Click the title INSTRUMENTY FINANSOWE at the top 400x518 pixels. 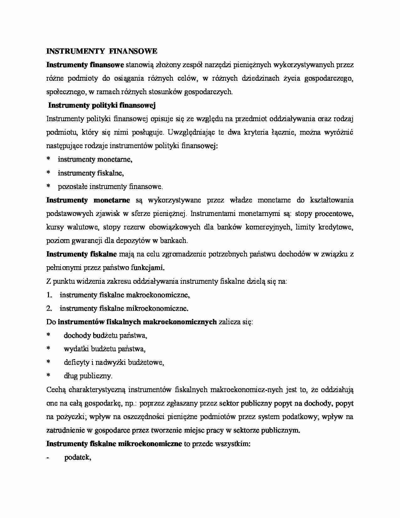click(x=102, y=51)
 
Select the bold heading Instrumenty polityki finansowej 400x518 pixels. click(x=102, y=105)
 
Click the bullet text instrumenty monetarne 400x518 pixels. click(x=95, y=159)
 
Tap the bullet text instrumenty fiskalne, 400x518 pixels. click(x=91, y=173)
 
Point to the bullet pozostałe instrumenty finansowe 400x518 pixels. click(x=110, y=187)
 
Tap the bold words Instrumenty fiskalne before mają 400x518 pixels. click(x=81, y=254)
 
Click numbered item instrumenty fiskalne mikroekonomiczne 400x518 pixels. click(x=124, y=309)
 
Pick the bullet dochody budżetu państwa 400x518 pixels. click(x=105, y=336)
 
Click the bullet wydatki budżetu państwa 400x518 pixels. click(x=104, y=349)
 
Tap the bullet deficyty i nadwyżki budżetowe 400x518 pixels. click(x=114, y=363)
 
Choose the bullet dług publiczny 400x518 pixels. click(x=88, y=376)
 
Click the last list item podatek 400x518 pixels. click(x=77, y=458)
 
